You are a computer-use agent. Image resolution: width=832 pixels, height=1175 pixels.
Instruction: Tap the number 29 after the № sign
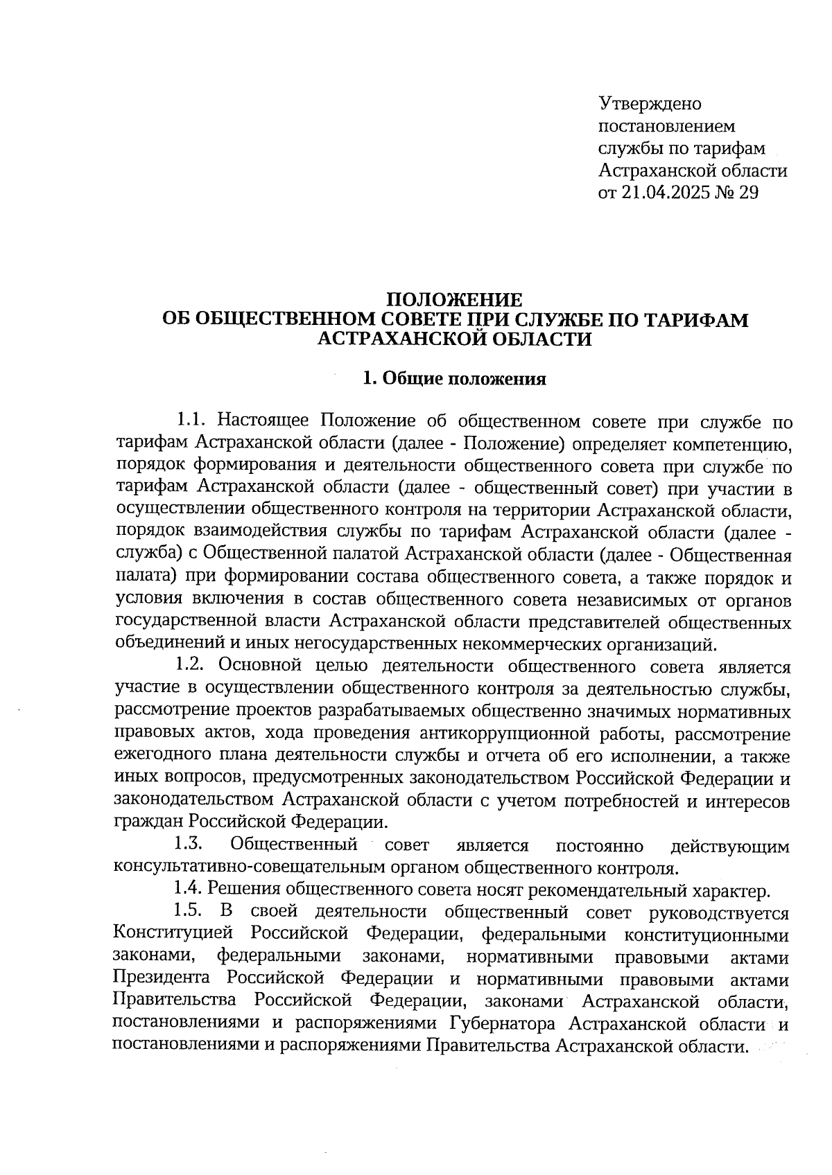(x=748, y=193)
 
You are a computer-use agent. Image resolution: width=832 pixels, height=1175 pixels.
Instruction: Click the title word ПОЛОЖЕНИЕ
(x=453, y=300)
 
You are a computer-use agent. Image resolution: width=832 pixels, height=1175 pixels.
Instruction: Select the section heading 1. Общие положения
(x=454, y=379)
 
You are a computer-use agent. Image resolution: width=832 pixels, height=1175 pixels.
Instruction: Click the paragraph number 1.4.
(x=189, y=889)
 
